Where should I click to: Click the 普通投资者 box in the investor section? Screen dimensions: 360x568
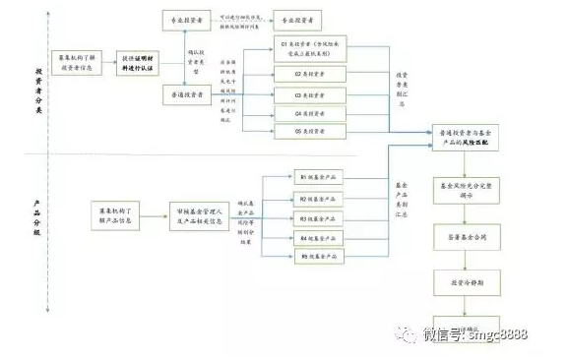point(188,93)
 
